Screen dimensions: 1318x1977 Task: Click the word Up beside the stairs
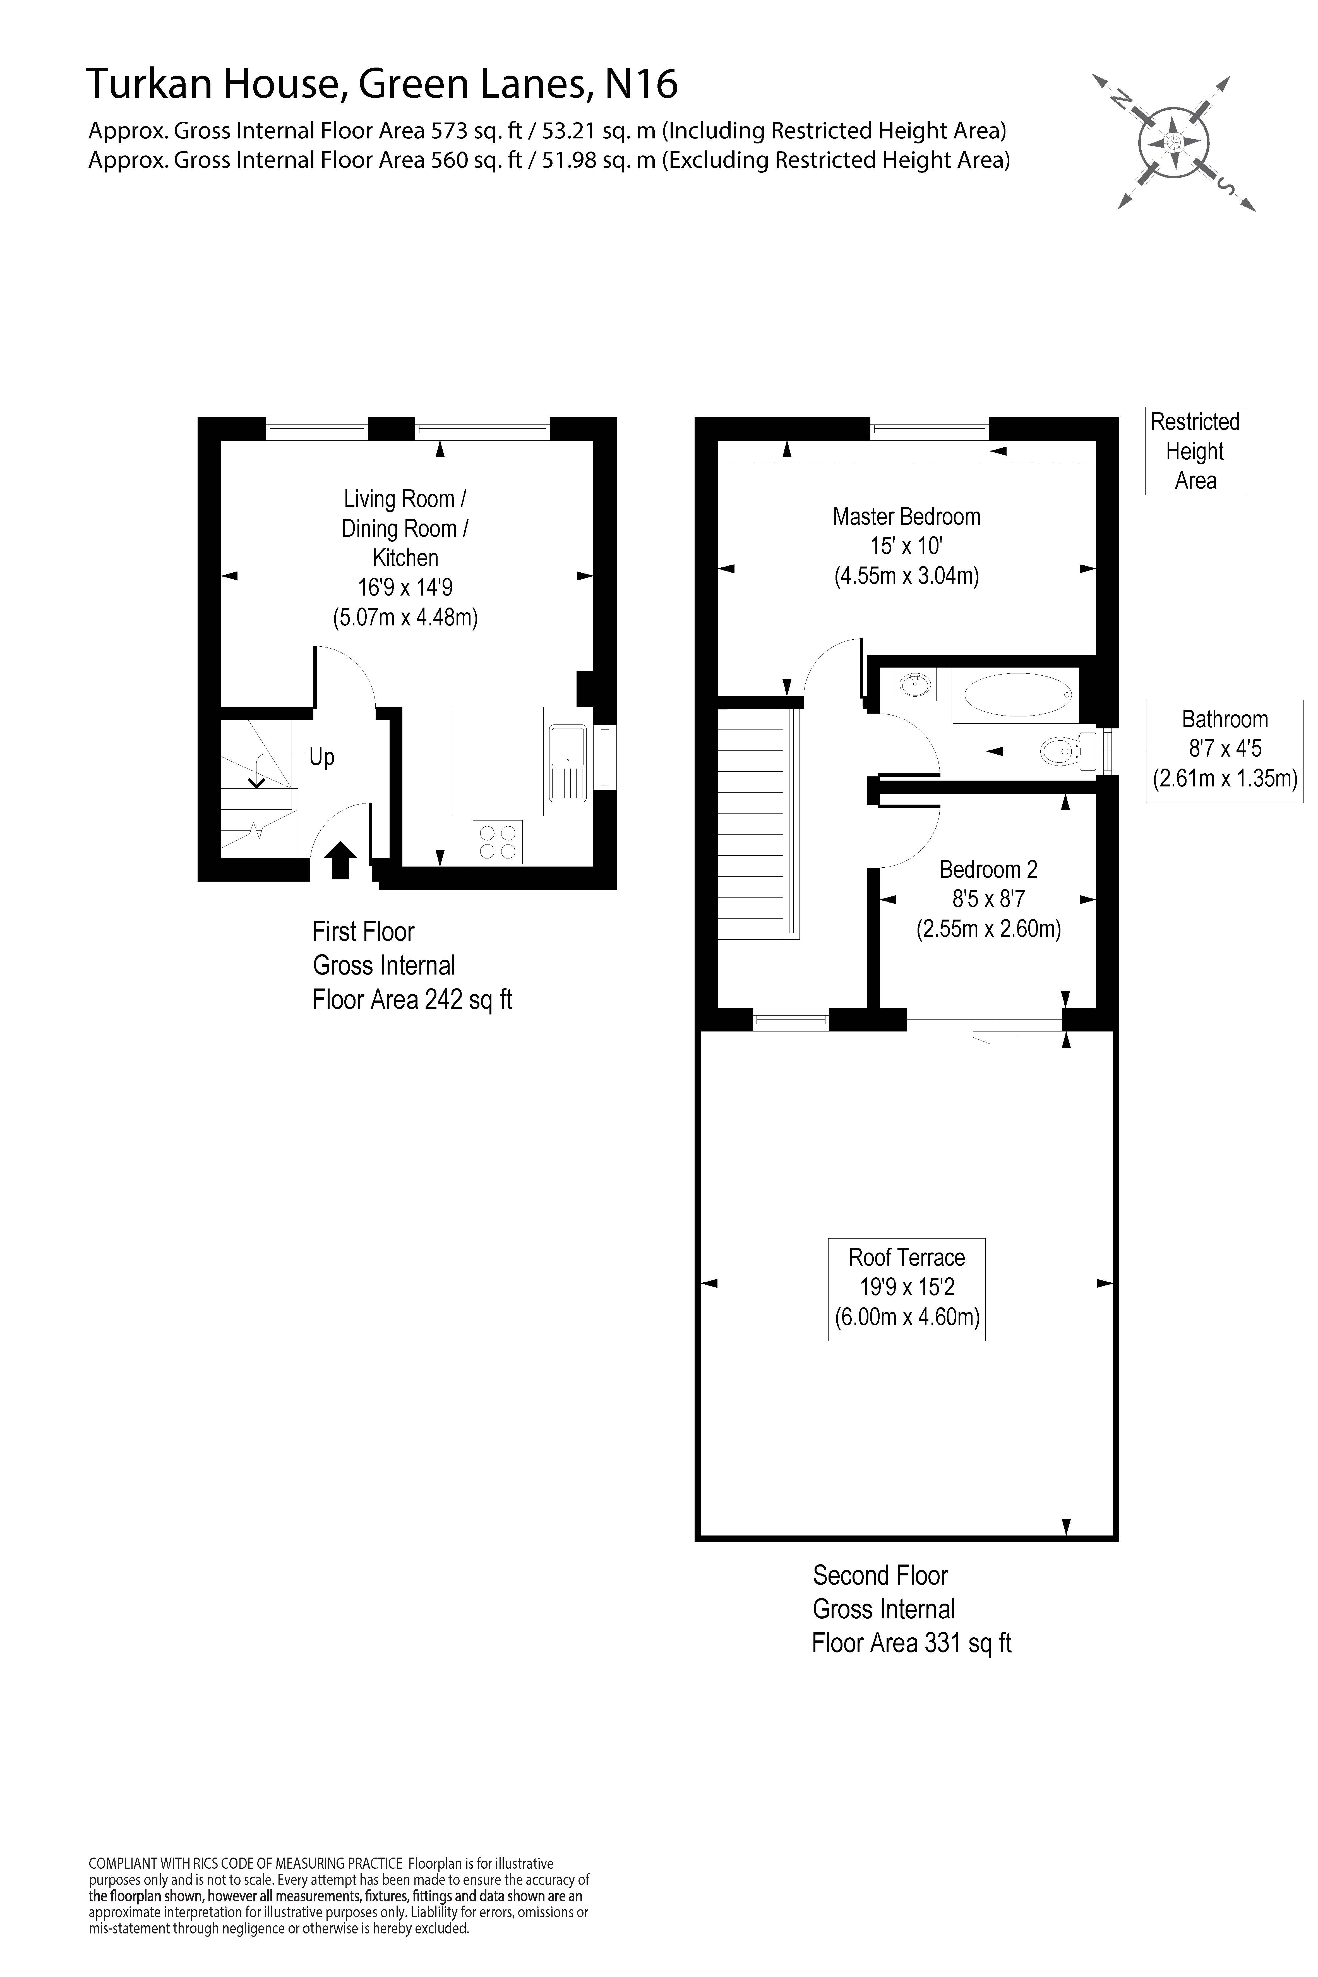[x=322, y=757]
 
